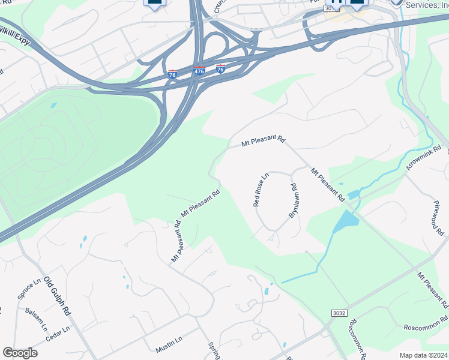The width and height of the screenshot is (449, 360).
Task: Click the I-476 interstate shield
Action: pos(199,71)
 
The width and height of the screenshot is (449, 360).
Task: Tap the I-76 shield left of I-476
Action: pos(173,74)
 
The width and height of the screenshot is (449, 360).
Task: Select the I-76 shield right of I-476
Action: pos(221,69)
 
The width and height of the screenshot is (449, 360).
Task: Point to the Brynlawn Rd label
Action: pos(294,200)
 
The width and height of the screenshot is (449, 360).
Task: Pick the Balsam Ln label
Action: pos(36,319)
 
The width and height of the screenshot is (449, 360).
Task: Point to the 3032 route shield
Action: pos(338,314)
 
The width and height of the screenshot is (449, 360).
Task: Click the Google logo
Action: pos(20,352)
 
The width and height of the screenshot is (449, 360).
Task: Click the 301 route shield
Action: pos(331,9)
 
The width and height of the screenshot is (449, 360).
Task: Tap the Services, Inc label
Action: pos(427,4)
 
